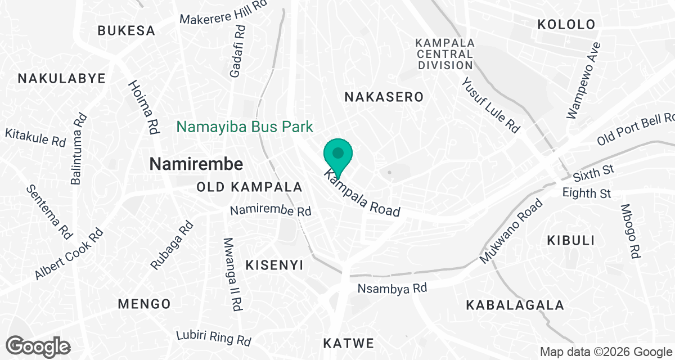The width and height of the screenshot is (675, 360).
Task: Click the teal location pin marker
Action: click(x=338, y=154)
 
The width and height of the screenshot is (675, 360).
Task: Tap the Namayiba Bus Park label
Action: click(x=245, y=126)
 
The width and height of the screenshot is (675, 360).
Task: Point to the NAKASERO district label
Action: click(x=384, y=97)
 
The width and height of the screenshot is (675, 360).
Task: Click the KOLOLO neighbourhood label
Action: click(x=566, y=24)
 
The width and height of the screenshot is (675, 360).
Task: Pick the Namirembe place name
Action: click(x=196, y=164)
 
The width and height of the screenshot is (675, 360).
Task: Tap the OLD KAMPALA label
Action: click(x=250, y=187)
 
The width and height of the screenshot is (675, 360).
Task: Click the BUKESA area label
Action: click(x=126, y=30)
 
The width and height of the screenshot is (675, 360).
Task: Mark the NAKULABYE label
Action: click(x=62, y=78)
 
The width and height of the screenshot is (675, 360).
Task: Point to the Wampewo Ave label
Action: click(x=584, y=80)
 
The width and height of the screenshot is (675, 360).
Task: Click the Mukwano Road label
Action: click(x=511, y=231)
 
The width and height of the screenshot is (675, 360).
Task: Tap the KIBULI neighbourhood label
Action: click(x=571, y=241)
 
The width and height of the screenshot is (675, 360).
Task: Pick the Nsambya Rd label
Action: click(x=393, y=289)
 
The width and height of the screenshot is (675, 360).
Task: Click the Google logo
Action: click(x=39, y=346)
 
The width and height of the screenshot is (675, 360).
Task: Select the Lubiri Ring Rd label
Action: click(x=213, y=337)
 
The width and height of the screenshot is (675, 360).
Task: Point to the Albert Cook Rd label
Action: click(x=69, y=254)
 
